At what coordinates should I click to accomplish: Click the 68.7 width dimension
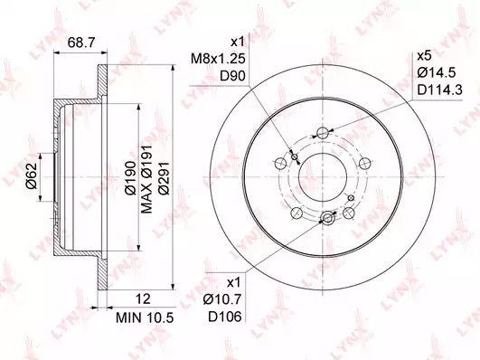pos(81,43)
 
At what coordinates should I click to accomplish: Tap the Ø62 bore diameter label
pos(32,175)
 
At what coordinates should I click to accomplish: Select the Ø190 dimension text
pos(130,177)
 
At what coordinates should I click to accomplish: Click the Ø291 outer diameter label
pos(164,177)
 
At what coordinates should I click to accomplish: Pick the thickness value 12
pos(143,298)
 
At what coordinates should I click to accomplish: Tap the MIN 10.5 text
pos(145,318)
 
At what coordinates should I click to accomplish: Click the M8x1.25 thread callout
pos(218,59)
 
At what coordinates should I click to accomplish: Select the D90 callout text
pos(233,76)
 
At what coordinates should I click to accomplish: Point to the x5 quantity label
pos(424,56)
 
